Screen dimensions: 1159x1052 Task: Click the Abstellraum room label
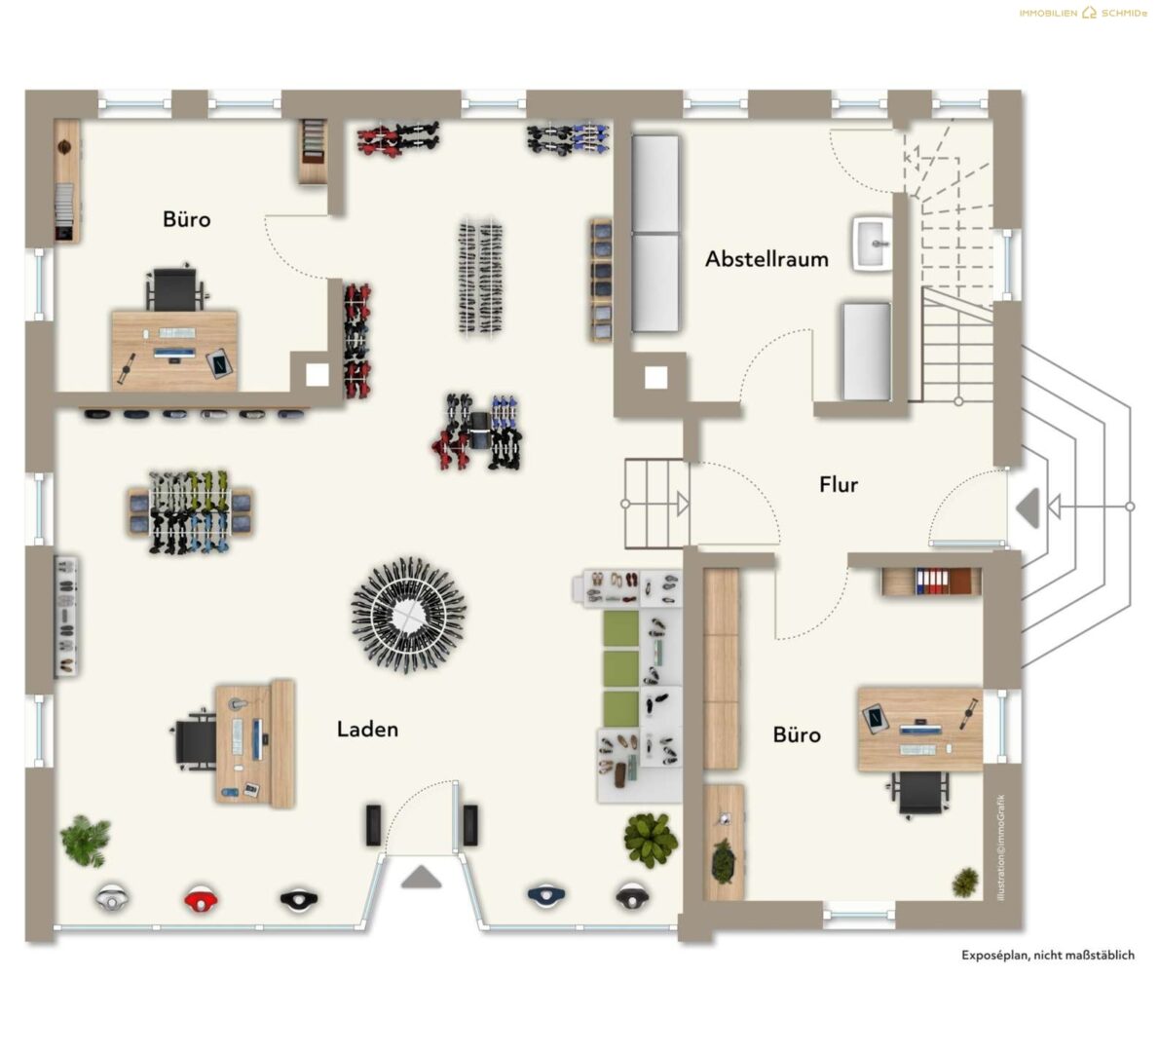[x=766, y=259]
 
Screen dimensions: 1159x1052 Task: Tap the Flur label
[x=839, y=484]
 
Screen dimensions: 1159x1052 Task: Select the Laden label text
[x=367, y=729]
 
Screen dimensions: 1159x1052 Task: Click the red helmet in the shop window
[x=201, y=899]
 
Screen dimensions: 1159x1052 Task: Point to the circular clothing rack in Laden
[x=408, y=615]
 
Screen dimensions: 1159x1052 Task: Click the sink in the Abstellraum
[x=873, y=244]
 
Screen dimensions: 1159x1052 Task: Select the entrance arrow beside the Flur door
[x=1028, y=507]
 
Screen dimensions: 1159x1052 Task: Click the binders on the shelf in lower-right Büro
[x=932, y=582]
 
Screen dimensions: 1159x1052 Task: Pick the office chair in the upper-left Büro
[x=175, y=286]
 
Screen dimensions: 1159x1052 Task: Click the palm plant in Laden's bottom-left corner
[x=86, y=841]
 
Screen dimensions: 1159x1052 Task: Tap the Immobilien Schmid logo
[x=1083, y=13]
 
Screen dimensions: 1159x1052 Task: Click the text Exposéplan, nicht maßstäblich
[x=1047, y=956]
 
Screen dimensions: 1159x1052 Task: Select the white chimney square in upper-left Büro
[x=318, y=375]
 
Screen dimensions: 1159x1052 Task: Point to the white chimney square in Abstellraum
[x=655, y=377]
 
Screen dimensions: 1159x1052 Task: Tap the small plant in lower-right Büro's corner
[x=964, y=882]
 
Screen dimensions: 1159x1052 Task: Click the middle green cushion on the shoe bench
[x=621, y=668]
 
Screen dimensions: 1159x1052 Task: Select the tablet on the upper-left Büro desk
[x=219, y=362]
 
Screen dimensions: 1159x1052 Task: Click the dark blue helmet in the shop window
[x=547, y=896]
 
